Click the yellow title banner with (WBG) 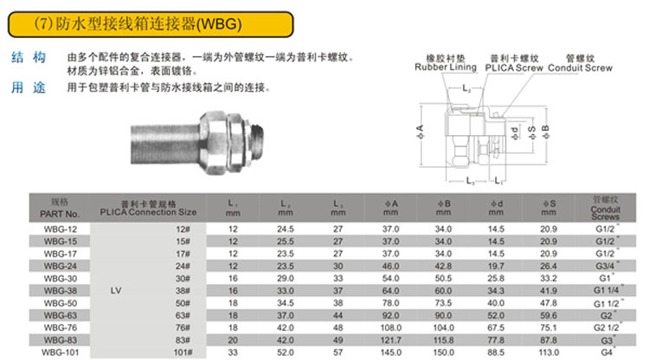point(151,24)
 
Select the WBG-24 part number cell point(60,266)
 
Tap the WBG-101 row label point(60,352)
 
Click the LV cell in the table point(116,291)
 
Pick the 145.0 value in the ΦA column point(391,352)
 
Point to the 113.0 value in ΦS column point(549,352)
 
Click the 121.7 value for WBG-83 point(391,340)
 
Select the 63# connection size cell point(183,315)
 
